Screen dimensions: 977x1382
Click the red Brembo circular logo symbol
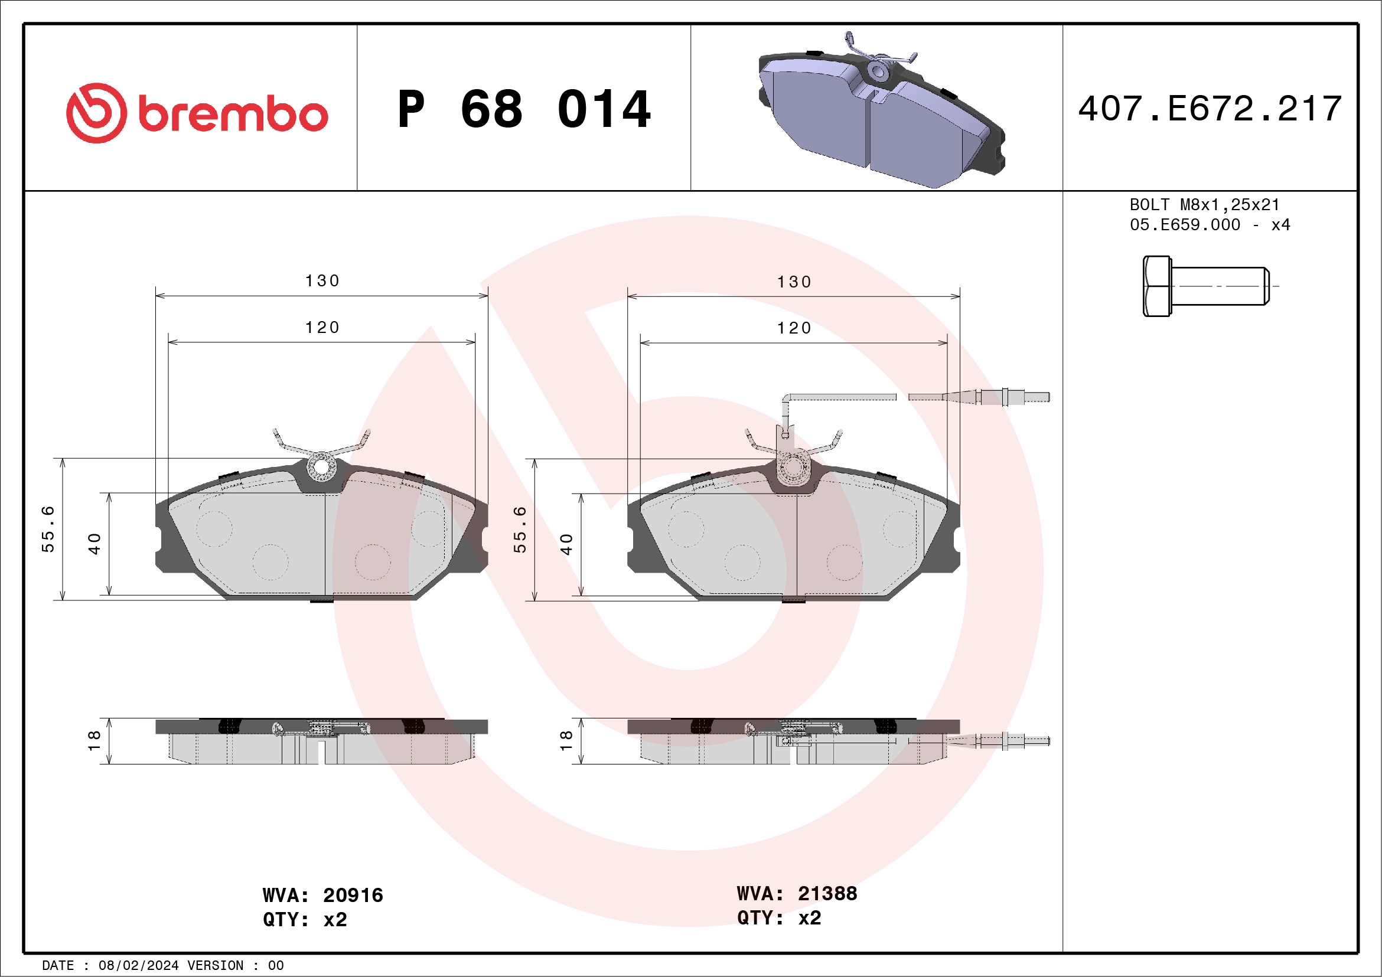coord(96,113)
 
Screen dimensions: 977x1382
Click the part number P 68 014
coord(524,109)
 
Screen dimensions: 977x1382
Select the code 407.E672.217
coord(1210,109)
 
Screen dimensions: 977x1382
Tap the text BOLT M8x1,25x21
coord(1204,204)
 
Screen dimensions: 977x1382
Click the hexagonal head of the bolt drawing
coord(1156,286)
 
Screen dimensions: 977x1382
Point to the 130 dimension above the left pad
coord(322,281)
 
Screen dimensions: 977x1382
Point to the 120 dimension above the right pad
coord(794,328)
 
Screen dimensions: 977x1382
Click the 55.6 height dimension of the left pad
coord(48,529)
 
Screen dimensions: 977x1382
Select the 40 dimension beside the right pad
coord(566,544)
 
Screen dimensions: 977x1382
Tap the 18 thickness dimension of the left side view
coord(94,740)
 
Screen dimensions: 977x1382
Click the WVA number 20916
coord(353,895)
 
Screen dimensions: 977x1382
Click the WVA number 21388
coord(827,893)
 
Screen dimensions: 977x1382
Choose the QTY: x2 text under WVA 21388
coord(779,917)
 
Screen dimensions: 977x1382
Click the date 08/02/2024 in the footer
coord(138,966)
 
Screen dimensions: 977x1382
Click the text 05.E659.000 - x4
coord(1210,225)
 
